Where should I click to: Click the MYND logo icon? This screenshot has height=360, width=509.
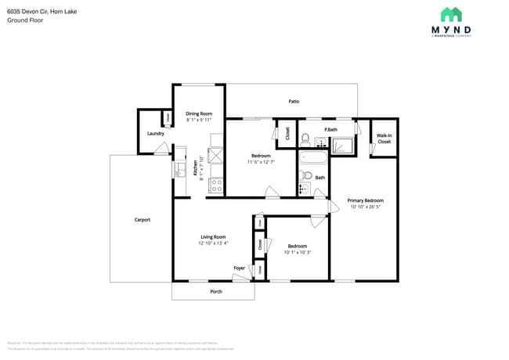[x=451, y=14]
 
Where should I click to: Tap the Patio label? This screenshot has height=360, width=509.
[x=294, y=101]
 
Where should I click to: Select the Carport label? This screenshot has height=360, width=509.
[x=142, y=220]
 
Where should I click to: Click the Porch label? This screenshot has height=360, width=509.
[x=216, y=292]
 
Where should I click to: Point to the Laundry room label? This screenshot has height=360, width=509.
[x=155, y=134]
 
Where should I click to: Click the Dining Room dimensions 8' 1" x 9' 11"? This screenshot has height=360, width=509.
[x=199, y=121]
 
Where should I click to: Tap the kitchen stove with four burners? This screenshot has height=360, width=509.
[x=216, y=186]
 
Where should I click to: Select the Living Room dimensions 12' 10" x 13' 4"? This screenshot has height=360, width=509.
[x=213, y=243]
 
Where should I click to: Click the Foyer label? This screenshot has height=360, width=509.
[x=239, y=268]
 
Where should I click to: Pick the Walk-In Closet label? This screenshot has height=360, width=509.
[x=384, y=139]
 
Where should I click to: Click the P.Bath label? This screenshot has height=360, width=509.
[x=331, y=129]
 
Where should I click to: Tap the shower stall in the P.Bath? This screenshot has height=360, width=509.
[x=342, y=143]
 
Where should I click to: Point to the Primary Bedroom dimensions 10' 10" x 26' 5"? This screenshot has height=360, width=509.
[x=365, y=207]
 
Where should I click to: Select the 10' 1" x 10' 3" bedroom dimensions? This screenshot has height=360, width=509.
[x=297, y=252]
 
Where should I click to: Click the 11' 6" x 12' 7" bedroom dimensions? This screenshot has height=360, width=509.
[x=261, y=162]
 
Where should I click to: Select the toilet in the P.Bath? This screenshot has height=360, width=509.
[x=307, y=142]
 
